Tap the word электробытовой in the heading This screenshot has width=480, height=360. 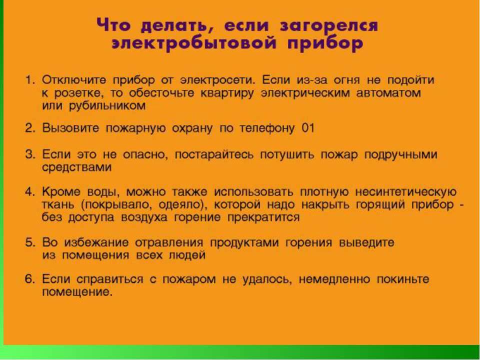[x=192, y=44]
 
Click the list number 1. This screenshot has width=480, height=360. [x=30, y=80]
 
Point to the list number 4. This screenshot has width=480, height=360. [x=30, y=192]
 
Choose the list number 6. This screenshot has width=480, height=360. [x=30, y=279]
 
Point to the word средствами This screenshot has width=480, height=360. [x=76, y=167]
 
